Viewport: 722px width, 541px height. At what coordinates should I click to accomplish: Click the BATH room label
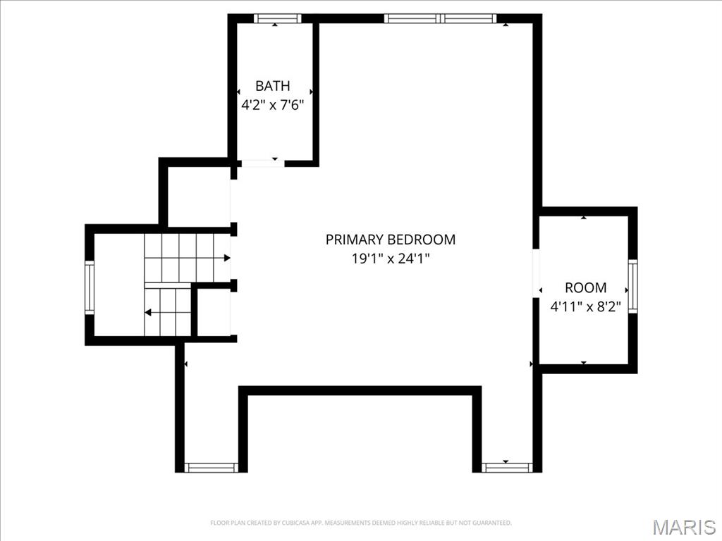click(272, 86)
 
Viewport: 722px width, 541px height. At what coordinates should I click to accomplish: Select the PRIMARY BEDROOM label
click(390, 240)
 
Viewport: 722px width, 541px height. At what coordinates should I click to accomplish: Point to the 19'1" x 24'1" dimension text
click(390, 259)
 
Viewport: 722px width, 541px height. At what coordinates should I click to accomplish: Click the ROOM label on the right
click(585, 287)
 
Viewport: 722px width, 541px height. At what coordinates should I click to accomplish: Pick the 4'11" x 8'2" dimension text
click(585, 306)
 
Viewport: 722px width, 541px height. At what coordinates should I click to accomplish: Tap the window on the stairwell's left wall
click(90, 287)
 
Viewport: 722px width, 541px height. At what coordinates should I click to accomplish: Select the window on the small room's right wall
click(632, 286)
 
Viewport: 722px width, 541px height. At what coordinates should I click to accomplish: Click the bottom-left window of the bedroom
click(211, 467)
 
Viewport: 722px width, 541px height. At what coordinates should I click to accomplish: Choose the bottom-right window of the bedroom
click(506, 467)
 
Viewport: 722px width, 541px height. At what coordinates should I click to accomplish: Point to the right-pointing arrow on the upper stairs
click(226, 258)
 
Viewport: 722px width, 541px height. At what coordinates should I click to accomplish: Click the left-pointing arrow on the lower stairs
click(148, 311)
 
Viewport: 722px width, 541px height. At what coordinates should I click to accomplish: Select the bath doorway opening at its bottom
click(262, 163)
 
